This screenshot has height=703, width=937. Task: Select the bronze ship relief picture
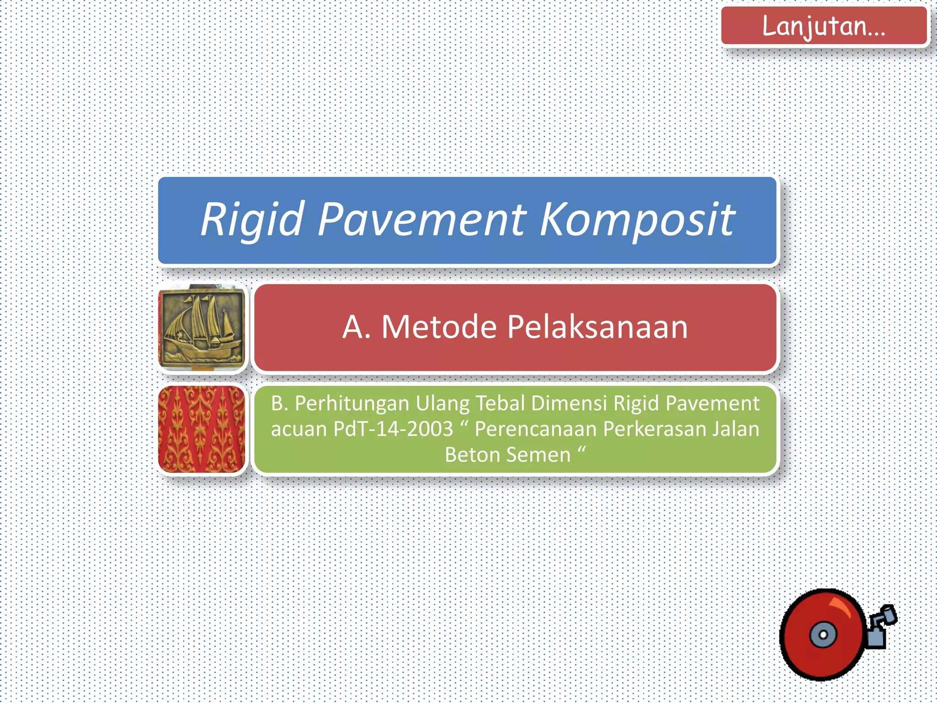point(202,328)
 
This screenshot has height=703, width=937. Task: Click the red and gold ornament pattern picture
point(202,429)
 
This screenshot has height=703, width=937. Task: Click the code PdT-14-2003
point(393,429)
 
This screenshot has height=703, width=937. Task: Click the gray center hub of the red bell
point(823,635)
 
